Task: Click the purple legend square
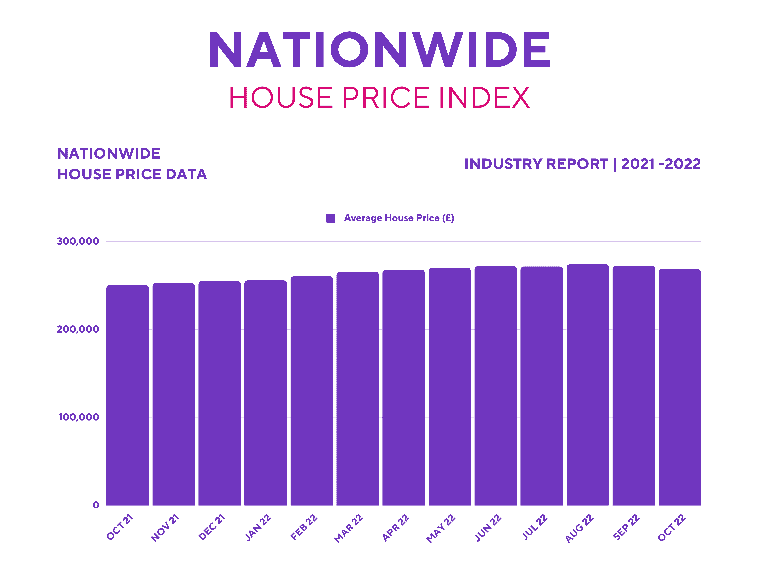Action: (x=330, y=218)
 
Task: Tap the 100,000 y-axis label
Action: (x=79, y=417)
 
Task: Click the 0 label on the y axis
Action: (x=96, y=505)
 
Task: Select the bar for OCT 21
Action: (x=127, y=394)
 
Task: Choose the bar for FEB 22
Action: (x=312, y=390)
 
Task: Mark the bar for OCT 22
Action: (x=680, y=387)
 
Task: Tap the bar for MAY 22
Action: (x=450, y=385)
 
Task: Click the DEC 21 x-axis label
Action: (x=212, y=527)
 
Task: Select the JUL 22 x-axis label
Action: (x=535, y=527)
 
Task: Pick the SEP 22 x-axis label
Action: (x=626, y=527)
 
